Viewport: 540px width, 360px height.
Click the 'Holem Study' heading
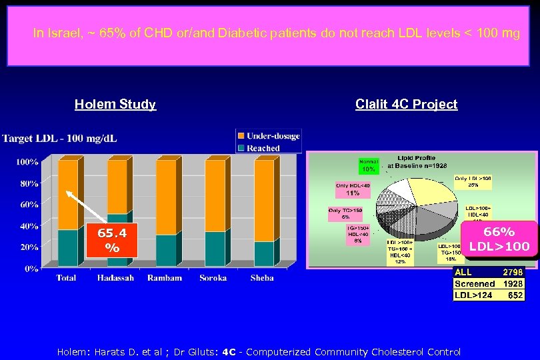click(115, 104)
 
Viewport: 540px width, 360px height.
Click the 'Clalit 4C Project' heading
click(406, 104)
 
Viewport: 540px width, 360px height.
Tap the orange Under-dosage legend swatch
click(241, 136)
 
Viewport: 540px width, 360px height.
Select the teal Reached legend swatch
click(241, 147)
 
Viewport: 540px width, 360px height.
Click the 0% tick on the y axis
click(31, 269)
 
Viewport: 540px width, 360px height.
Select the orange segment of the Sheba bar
click(264, 201)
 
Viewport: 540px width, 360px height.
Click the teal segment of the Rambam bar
click(166, 251)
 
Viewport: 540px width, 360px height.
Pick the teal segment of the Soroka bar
click(215, 249)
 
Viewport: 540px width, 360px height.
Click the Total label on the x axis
click(66, 278)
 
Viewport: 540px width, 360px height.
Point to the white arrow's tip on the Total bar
click(67, 191)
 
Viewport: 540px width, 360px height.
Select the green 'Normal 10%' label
click(369, 165)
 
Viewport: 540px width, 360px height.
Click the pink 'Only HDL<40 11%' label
click(352, 189)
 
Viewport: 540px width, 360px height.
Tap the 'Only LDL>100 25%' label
click(473, 181)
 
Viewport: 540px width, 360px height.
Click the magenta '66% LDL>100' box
click(499, 239)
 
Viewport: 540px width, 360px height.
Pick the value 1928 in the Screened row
click(512, 283)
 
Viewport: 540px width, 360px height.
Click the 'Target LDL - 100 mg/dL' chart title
click(59, 139)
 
